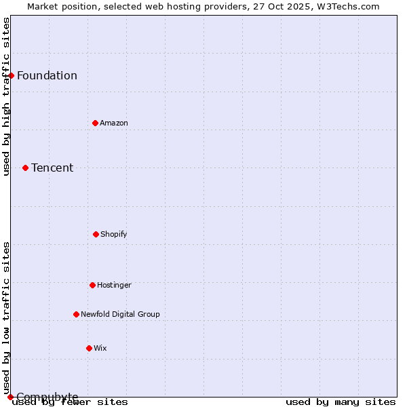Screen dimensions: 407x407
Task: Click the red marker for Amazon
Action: tap(95, 123)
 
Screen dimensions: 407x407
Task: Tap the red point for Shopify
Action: tap(96, 234)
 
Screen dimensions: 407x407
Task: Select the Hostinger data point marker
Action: tap(92, 285)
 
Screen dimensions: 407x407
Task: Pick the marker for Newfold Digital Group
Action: tap(76, 314)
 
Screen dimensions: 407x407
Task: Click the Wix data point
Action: tap(89, 348)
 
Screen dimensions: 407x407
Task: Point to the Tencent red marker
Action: tap(25, 168)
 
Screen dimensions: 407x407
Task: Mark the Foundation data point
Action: tap(11, 75)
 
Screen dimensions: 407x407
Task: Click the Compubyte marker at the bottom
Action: tap(10, 397)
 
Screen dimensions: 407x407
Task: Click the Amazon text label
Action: tap(114, 123)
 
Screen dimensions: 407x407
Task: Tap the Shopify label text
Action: tap(114, 234)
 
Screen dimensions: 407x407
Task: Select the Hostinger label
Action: tap(114, 285)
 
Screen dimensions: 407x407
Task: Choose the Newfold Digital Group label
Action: tap(120, 314)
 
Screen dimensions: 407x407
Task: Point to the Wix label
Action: tap(100, 348)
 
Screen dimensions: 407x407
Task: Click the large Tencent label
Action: tap(52, 168)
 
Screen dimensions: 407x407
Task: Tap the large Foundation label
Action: tap(47, 75)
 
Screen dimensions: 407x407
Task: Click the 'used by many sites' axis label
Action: tap(341, 402)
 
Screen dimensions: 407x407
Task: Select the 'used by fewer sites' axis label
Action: tap(71, 402)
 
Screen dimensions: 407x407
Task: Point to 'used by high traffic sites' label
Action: tap(6, 96)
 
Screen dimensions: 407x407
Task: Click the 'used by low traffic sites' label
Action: tap(6, 318)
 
